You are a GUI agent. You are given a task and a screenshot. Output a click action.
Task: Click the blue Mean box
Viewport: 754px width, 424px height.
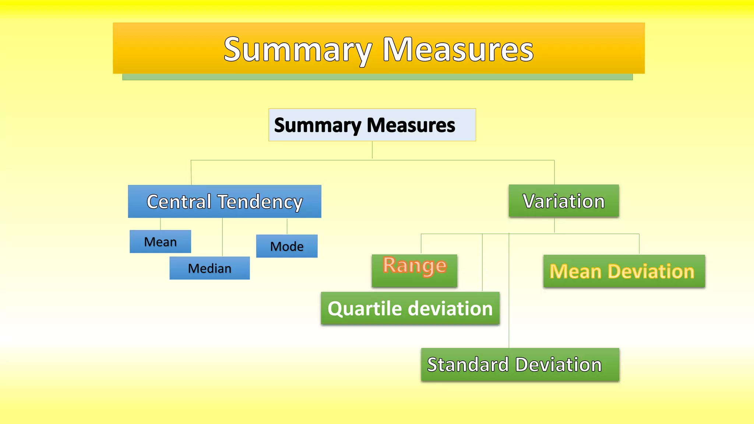(160, 241)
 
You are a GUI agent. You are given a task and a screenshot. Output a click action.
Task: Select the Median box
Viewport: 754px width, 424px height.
(209, 268)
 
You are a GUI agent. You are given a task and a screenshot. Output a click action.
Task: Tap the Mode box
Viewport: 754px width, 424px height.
(287, 246)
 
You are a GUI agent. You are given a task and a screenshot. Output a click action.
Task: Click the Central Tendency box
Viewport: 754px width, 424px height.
(225, 201)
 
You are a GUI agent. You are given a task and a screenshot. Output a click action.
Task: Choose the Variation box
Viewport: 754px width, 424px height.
(564, 201)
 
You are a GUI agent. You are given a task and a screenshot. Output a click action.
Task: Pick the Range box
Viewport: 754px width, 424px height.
(415, 271)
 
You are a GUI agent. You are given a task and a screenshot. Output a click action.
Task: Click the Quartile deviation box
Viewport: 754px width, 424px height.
(410, 308)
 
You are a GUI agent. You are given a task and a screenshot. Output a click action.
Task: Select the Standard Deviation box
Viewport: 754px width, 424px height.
(520, 364)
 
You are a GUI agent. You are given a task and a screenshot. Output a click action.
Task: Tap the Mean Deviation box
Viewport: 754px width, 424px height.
(624, 271)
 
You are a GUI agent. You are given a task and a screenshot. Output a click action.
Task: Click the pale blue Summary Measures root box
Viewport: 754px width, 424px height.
(372, 125)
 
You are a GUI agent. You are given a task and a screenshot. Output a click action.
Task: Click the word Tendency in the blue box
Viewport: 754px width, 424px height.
(260, 202)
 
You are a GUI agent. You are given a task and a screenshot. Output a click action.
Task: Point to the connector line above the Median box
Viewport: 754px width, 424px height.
(222, 237)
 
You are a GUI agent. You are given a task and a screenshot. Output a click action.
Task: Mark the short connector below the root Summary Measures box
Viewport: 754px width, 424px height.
(372, 150)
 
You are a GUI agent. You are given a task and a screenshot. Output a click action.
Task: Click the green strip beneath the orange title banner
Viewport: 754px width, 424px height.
(377, 77)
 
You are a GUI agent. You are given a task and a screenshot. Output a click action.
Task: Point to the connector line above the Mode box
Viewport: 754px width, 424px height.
(287, 226)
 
